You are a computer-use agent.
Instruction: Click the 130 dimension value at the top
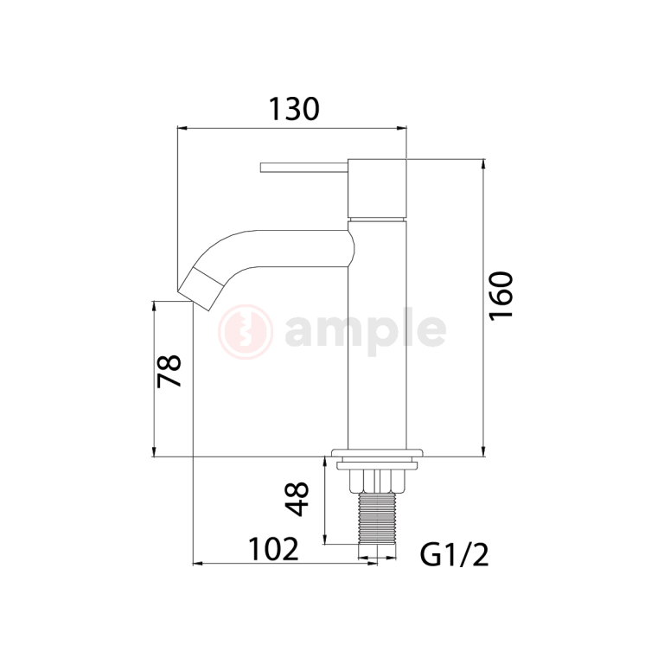tap(293, 109)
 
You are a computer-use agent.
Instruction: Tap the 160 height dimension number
tap(501, 295)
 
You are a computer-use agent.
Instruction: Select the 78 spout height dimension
tap(170, 370)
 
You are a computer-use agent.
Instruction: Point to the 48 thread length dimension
tap(297, 499)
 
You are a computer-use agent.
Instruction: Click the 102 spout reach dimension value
tap(273, 549)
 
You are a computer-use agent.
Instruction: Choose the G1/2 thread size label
tap(455, 554)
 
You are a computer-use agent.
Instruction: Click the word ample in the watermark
tap(365, 329)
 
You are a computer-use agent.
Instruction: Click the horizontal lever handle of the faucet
tap(303, 166)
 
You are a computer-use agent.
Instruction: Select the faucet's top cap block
tap(376, 188)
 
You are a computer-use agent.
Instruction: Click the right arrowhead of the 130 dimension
tap(402, 128)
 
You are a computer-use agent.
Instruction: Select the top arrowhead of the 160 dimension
tap(483, 164)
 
